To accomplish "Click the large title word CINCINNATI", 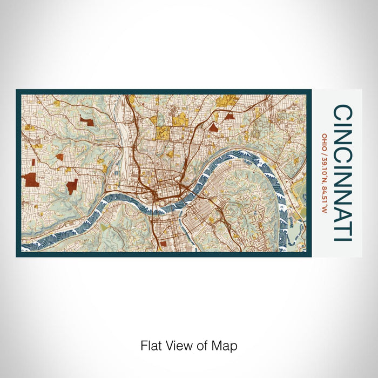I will coord(343,173).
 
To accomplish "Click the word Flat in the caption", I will coord(151,346).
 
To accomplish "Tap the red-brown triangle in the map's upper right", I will coord(214,127).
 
